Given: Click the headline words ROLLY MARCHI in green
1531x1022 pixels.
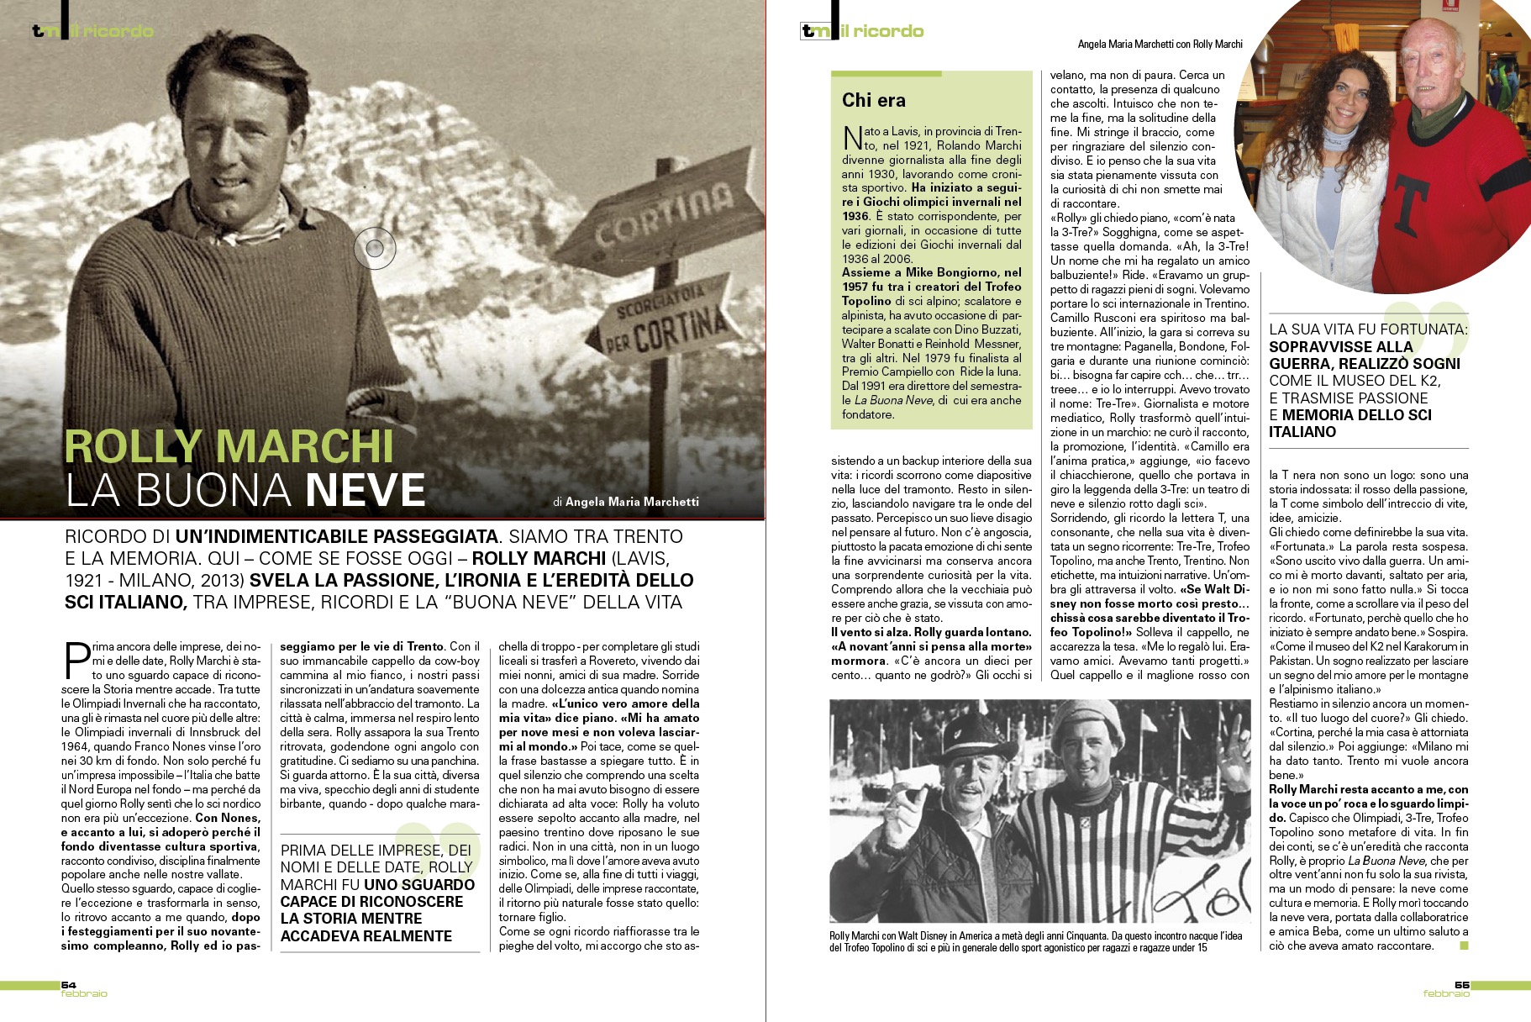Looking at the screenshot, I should click(x=229, y=445).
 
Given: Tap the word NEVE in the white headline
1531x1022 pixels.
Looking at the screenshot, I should click(x=366, y=491).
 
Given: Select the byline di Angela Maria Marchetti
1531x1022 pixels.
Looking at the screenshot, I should click(x=626, y=502).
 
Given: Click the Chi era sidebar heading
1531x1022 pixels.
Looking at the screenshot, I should click(x=874, y=101).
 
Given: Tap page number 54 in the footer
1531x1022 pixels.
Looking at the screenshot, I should click(x=68, y=984).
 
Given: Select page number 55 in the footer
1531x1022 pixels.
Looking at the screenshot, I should click(x=1462, y=984).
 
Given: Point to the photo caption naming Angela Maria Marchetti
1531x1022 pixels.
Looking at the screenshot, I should click(x=1160, y=44).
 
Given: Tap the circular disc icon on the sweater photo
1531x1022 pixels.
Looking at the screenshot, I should click(x=375, y=248).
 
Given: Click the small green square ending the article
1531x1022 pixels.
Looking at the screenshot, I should click(x=1464, y=946).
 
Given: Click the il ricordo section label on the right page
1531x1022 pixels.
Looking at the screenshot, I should click(x=881, y=31).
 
